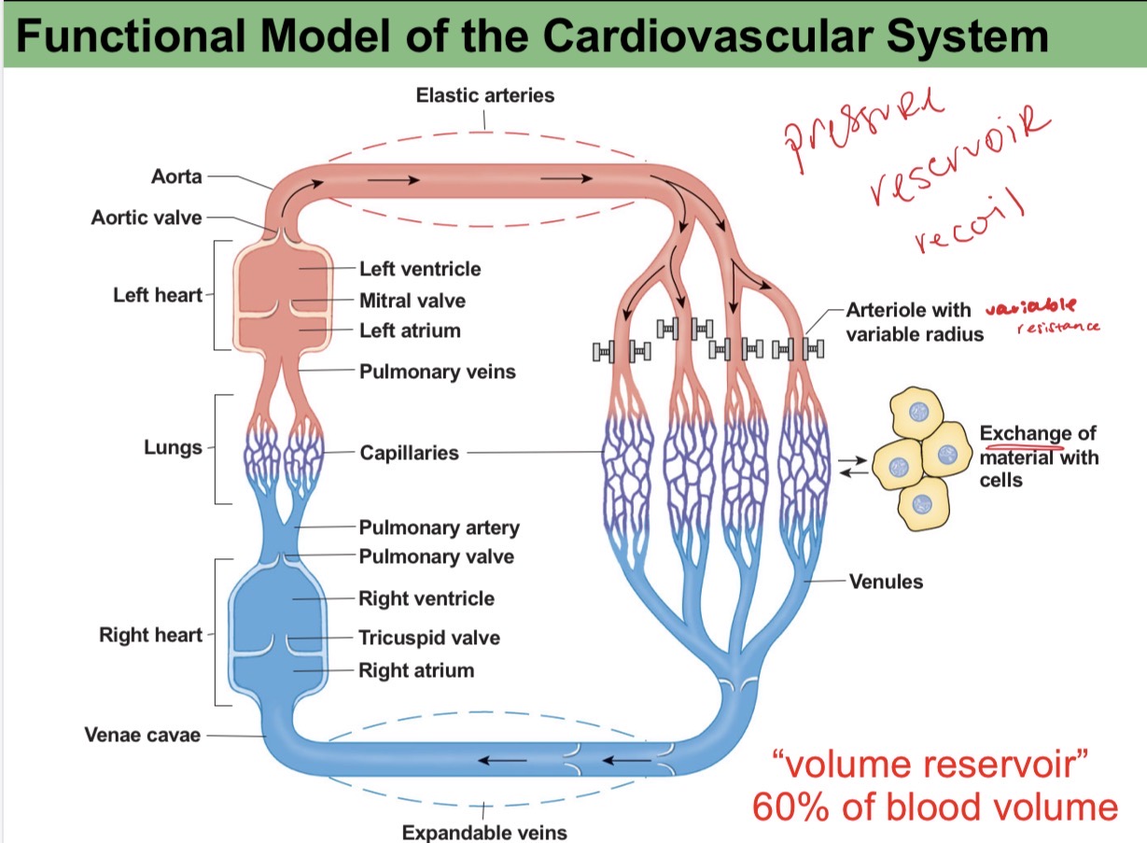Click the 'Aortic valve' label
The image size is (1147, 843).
[146, 218]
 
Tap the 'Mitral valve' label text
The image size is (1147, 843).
[412, 301]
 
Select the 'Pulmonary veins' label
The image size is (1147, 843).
[437, 372]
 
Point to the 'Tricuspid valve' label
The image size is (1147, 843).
[429, 639]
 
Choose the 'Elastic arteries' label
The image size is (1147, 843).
[484, 95]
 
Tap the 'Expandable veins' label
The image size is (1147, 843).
[483, 832]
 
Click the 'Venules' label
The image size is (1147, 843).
[886, 582]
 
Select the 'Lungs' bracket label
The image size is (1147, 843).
[173, 447]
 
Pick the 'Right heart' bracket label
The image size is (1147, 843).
[150, 635]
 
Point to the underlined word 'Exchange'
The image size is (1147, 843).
[1025, 434]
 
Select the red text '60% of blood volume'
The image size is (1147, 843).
[934, 808]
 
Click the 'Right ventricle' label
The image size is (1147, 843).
[427, 598]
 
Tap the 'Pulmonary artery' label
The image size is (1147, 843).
[439, 527]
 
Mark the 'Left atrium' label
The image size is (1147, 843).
[410, 330]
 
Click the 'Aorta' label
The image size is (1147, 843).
[176, 176]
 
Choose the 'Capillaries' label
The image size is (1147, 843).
[409, 453]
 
